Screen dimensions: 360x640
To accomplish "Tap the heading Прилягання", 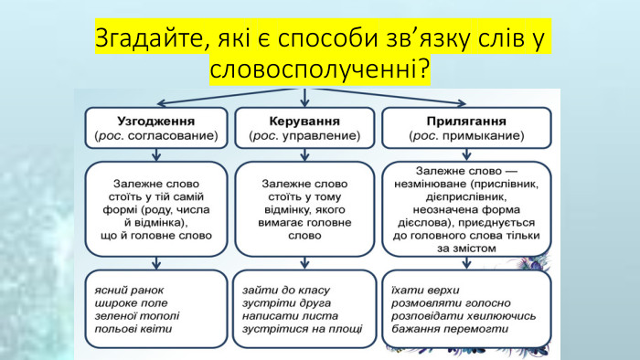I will (x=465, y=120).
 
